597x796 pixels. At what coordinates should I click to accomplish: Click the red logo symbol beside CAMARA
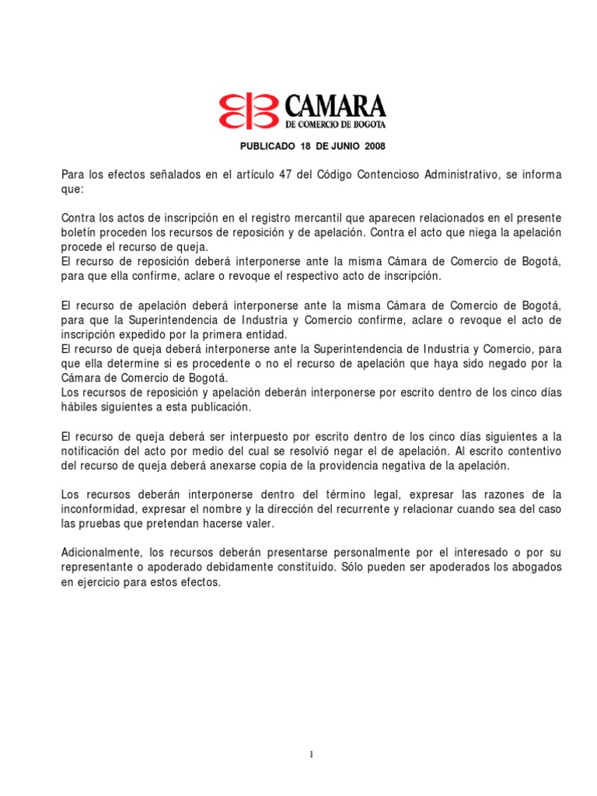click(x=247, y=110)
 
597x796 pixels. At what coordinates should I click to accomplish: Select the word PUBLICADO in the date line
click(x=267, y=146)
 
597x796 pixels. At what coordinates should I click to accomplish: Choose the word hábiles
click(x=80, y=407)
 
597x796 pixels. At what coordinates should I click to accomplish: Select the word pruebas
click(x=103, y=523)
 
